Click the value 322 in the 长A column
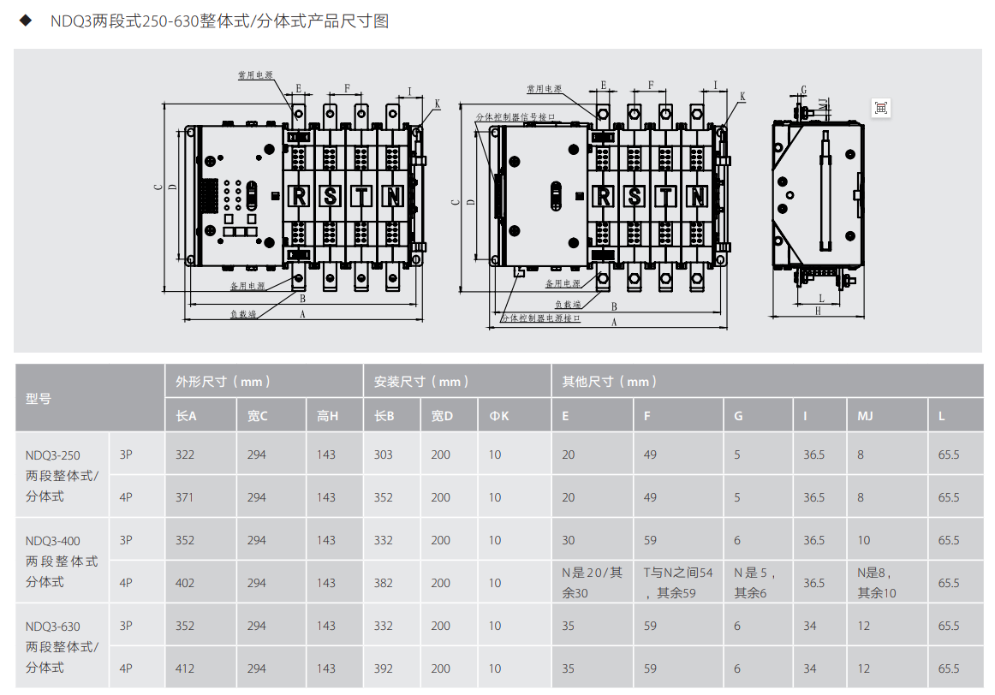click(185, 454)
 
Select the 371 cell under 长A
click(185, 497)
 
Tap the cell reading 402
click(185, 583)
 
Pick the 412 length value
click(185, 668)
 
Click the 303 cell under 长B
click(384, 454)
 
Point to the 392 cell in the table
click(384, 668)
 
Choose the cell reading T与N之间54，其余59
click(678, 583)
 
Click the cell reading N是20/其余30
click(592, 583)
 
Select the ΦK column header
click(498, 416)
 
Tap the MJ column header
click(865, 416)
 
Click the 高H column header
click(327, 416)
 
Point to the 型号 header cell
click(38, 398)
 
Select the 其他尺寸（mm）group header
click(609, 382)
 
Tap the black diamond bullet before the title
click(26, 21)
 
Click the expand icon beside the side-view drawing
click(880, 108)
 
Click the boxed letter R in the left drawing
click(298, 197)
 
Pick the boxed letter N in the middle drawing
click(697, 197)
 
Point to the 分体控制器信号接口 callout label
click(515, 116)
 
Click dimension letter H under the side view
click(818, 311)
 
